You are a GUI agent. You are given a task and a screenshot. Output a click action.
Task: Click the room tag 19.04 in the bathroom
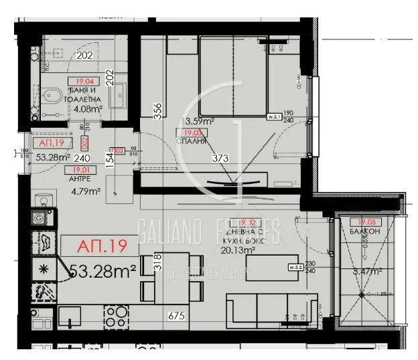[x=79, y=83]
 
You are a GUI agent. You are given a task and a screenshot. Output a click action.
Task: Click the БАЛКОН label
[x=366, y=232]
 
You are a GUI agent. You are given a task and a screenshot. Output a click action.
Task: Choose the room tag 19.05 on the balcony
[x=366, y=222]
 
